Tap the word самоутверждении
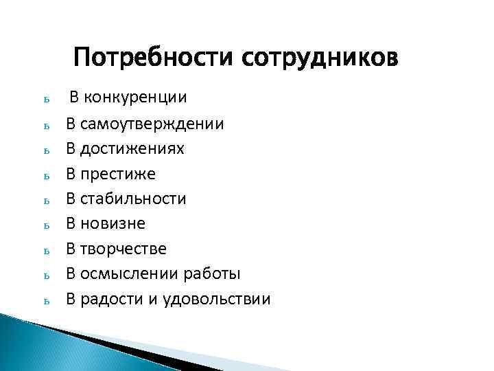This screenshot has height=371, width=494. tap(152, 125)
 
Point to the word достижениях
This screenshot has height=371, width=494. tap(132, 149)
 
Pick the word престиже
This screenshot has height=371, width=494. tap(118, 175)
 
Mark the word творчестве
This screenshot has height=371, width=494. tap(123, 249)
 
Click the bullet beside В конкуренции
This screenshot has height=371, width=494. tap(45, 100)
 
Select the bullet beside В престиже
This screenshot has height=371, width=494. tap(45, 177)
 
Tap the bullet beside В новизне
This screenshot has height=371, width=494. tap(45, 225)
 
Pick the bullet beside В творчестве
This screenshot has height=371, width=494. tap(45, 250)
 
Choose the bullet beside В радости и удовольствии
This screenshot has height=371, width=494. tap(45, 300)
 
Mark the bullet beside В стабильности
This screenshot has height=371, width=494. tap(45, 201)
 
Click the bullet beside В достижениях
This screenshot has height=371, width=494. tap(45, 151)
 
